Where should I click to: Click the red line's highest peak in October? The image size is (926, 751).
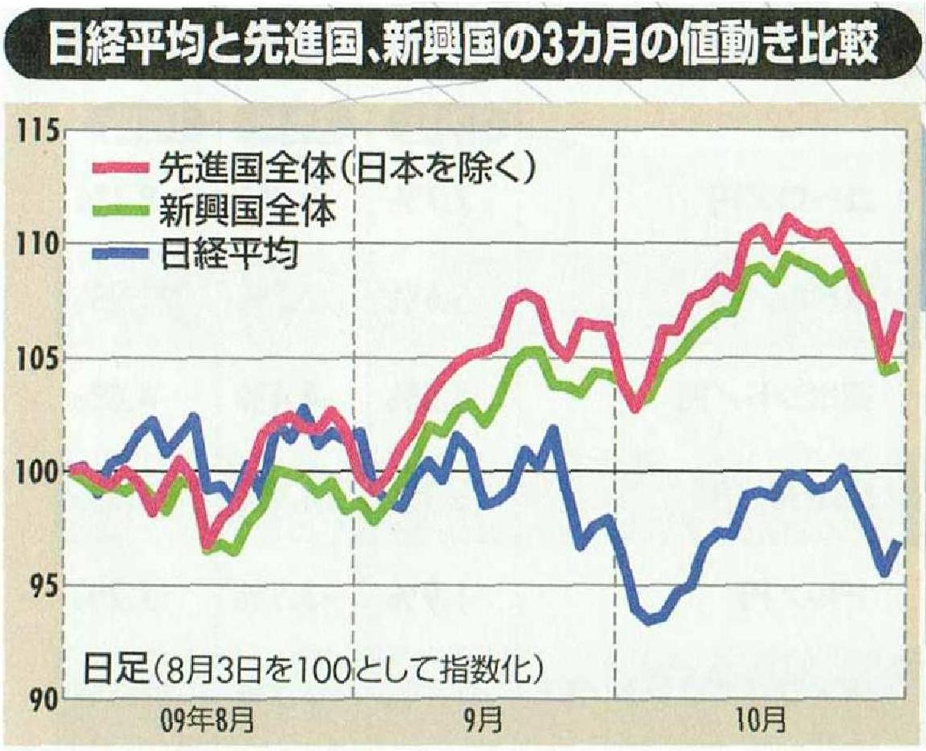pyautogui.click(x=788, y=218)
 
